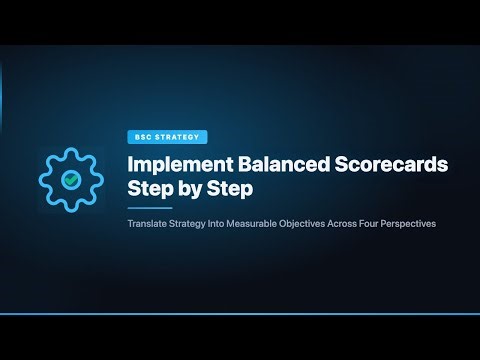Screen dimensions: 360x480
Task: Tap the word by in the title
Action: point(187,188)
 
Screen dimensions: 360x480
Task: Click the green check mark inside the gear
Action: point(71,180)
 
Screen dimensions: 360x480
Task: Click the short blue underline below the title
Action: point(147,208)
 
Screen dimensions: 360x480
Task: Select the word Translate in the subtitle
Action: point(146,224)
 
